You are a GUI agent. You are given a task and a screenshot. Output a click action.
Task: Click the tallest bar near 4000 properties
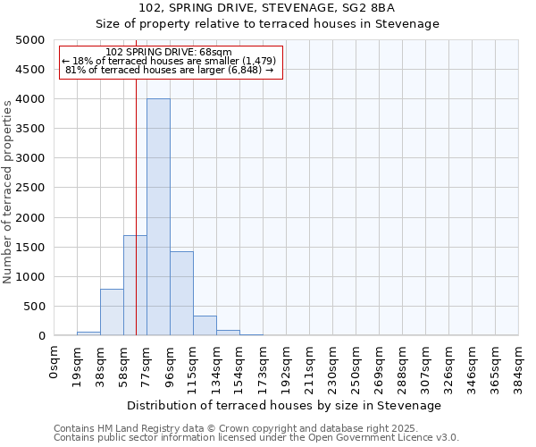click(158, 217)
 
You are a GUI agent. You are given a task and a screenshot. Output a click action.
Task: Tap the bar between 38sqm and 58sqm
click(112, 312)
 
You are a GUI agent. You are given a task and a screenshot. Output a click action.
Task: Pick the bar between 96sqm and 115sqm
click(181, 293)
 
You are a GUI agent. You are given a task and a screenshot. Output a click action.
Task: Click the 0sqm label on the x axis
click(54, 363)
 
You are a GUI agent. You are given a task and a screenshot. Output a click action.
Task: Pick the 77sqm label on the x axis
click(147, 366)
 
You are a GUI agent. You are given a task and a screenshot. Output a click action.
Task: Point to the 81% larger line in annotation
click(170, 70)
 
